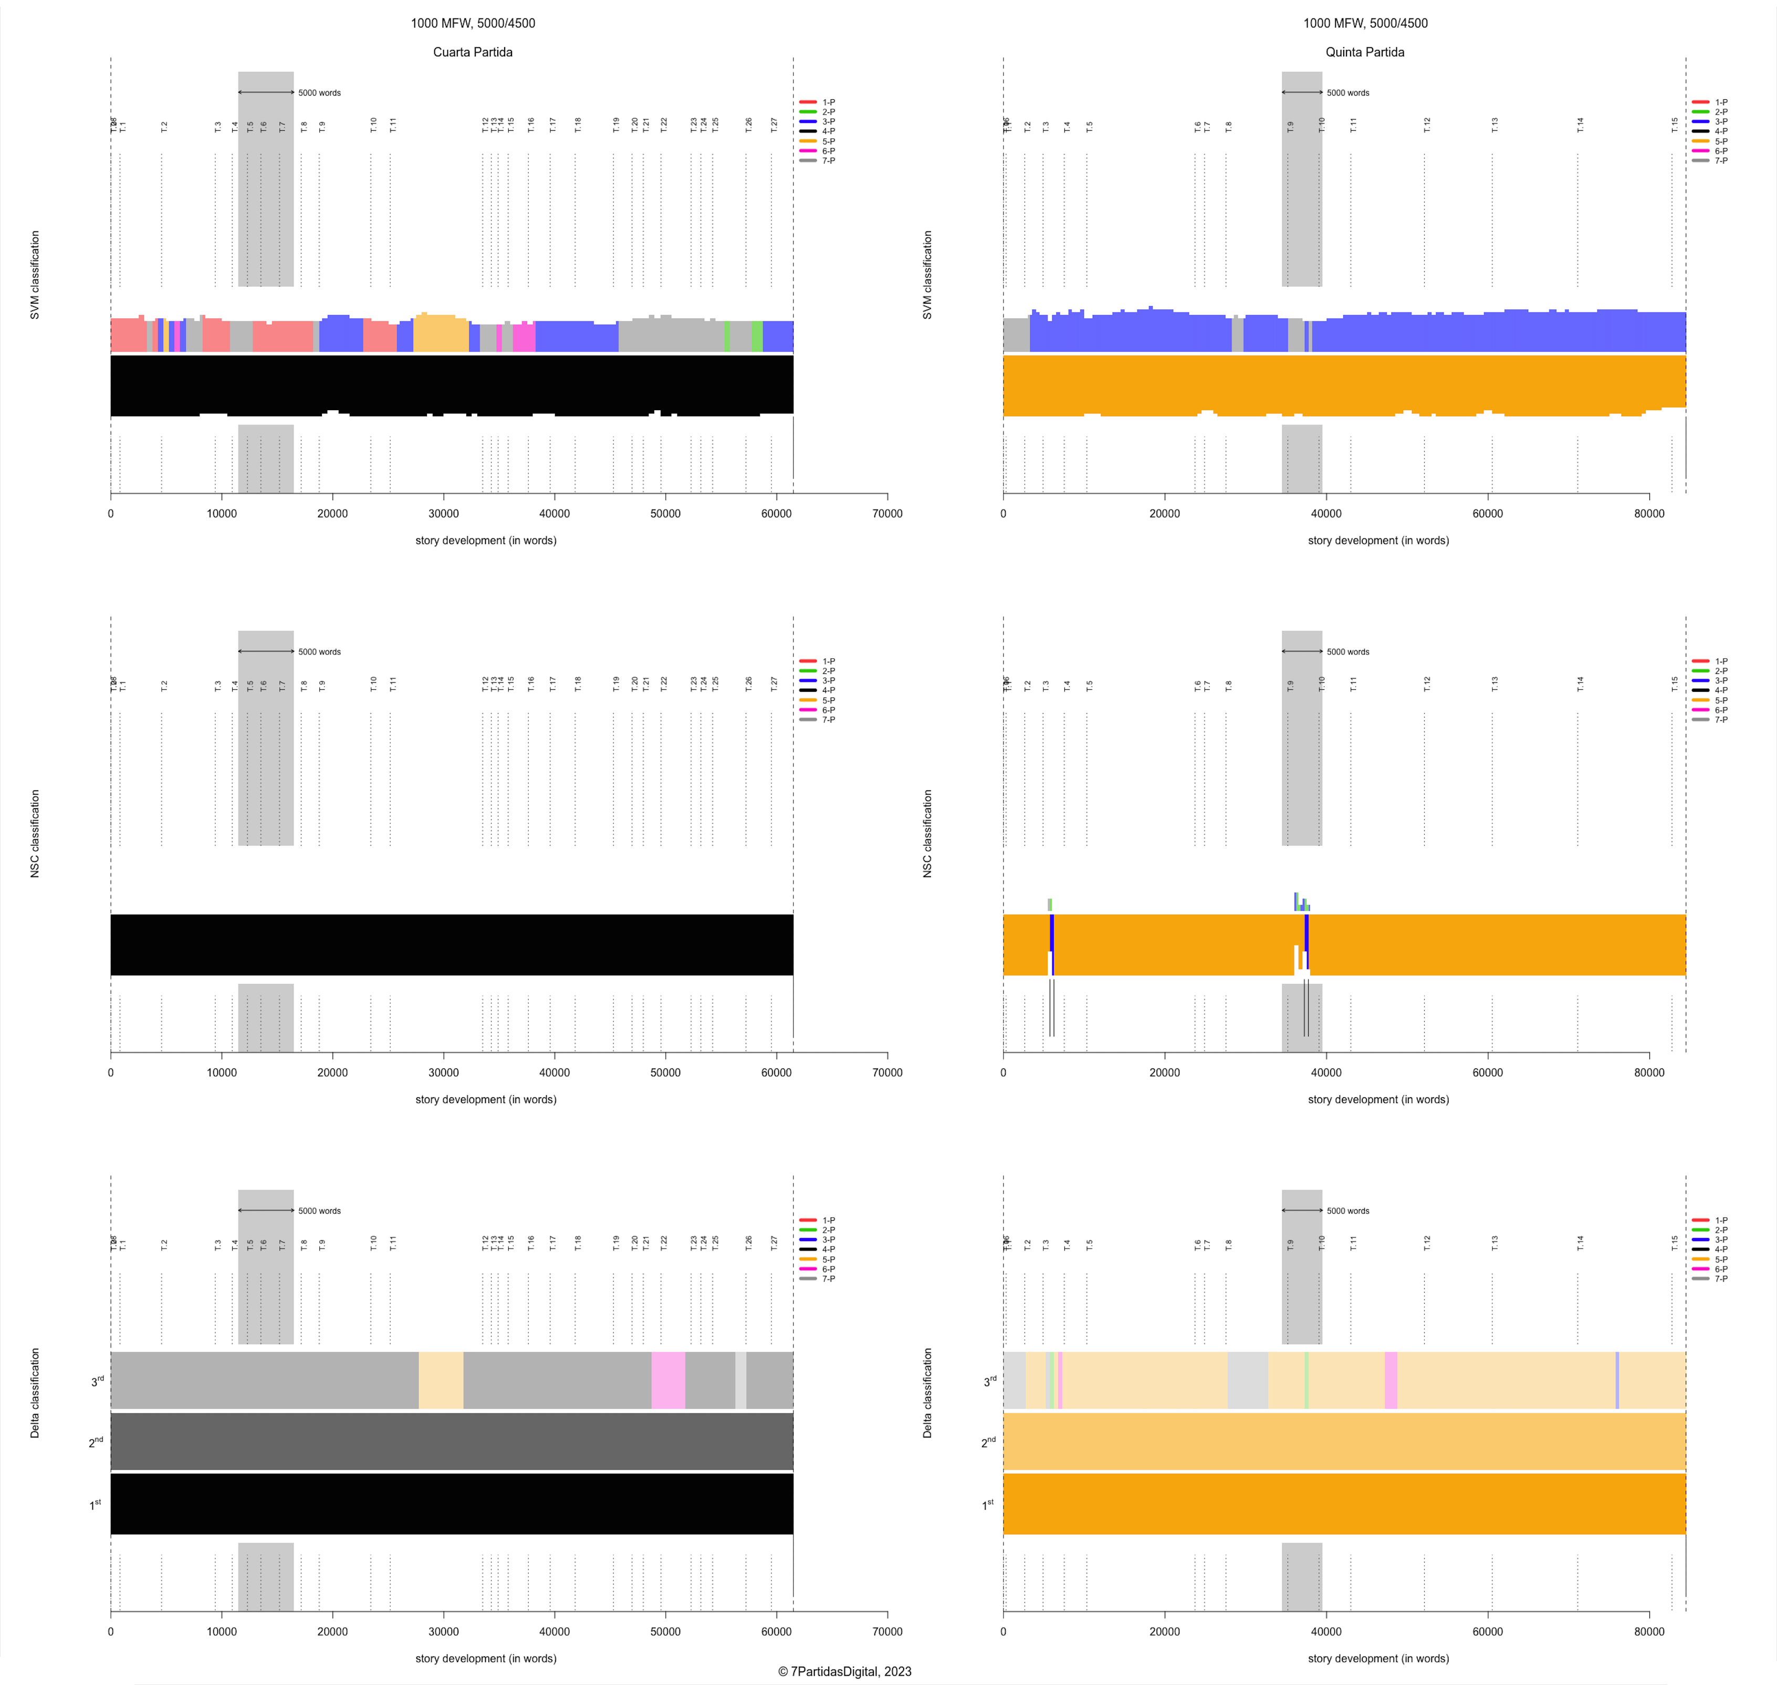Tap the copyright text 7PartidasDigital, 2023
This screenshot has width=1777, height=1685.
tap(844, 1671)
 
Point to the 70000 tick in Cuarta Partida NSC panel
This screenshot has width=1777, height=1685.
tap(887, 1073)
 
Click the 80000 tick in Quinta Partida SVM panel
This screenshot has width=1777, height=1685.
tap(1648, 514)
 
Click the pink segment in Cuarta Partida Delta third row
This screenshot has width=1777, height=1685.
tap(668, 1380)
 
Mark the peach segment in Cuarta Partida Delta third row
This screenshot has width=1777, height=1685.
tap(441, 1380)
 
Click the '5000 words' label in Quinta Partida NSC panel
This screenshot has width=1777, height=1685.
tap(1348, 652)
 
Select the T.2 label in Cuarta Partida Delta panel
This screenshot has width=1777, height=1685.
tap(164, 1244)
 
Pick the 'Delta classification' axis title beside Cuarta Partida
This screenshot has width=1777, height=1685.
tap(35, 1392)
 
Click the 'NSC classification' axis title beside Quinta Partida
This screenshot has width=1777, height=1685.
tap(927, 834)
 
